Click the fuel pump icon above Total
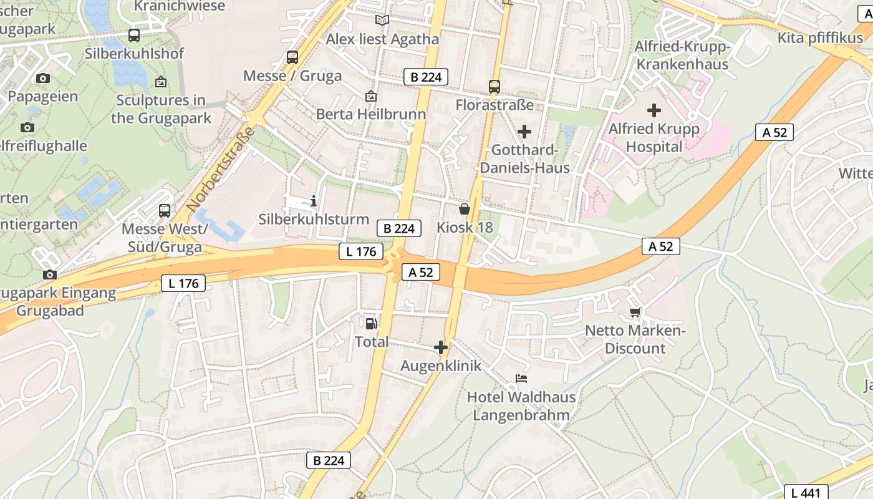pos(371,323)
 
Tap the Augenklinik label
pos(441,366)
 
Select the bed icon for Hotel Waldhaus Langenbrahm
pos(521,378)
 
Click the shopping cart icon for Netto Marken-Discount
pos(635,312)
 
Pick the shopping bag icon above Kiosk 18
pos(465,208)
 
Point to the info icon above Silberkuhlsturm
pos(313,201)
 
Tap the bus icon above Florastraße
pos(494,86)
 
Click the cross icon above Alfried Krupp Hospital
pos(654,110)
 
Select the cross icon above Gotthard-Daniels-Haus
pos(524,131)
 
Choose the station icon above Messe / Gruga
pos(292,57)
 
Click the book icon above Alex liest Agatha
pos(382,21)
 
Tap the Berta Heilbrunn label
pos(371,114)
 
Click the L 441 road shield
pos(806,492)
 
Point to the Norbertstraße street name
pos(221,168)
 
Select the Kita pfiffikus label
pos(820,37)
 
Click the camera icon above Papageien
pos(42,78)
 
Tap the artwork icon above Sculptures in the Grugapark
pos(161,82)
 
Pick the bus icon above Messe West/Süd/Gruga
pos(165,211)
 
